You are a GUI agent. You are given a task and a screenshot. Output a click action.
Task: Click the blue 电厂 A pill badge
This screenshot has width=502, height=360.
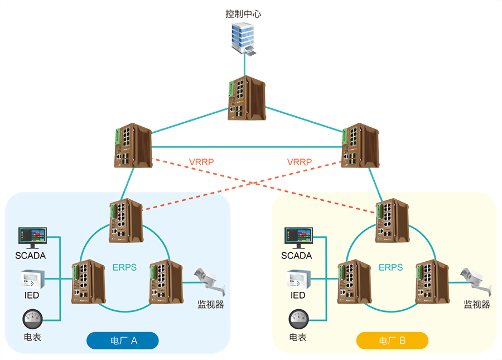coord(123,340)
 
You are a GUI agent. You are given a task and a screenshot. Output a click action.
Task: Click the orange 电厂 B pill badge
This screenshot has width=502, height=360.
coord(392,340)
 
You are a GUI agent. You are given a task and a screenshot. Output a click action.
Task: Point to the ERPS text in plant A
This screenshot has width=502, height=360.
coord(124,267)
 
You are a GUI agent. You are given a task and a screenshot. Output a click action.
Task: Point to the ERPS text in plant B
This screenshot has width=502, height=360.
coord(390,267)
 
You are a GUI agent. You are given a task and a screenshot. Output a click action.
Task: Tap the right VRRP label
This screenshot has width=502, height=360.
coord(299,162)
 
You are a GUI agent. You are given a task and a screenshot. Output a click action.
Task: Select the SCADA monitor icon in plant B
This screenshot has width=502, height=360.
coord(298,238)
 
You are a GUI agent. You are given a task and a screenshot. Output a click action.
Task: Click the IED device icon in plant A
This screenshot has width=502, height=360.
coord(32,279)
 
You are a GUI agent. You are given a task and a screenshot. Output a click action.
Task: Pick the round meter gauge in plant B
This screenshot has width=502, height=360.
coord(298,320)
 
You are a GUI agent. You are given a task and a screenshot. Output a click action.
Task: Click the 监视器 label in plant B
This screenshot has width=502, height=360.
coord(477,304)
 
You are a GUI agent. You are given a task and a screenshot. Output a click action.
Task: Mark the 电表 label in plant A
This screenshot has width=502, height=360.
coord(32,337)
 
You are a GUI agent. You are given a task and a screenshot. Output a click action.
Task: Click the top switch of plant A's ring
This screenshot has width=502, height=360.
coord(126,220)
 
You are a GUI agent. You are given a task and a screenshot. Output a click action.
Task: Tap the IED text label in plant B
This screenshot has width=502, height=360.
coord(298,295)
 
